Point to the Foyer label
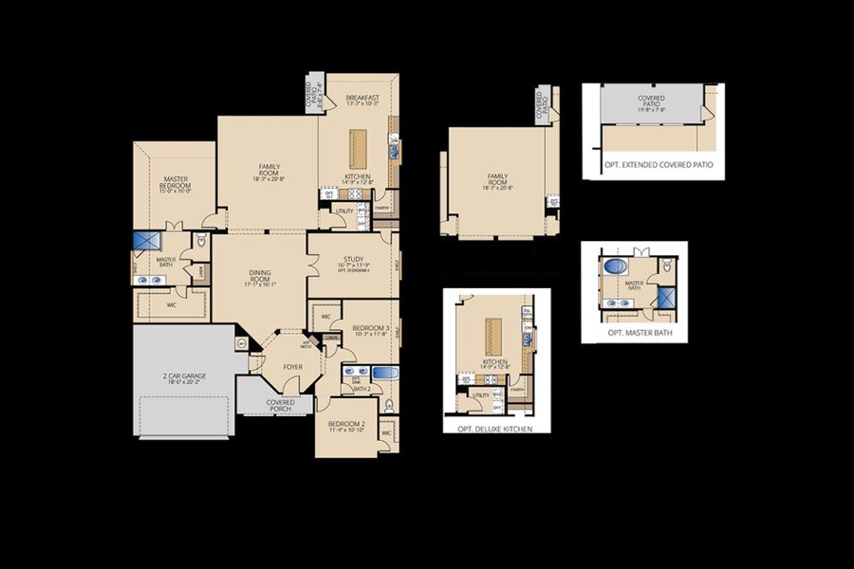(293, 366)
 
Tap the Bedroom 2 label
(344, 427)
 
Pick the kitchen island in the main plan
(359, 147)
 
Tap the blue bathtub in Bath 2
(384, 373)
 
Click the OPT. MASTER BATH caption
(634, 334)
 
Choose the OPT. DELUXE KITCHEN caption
(495, 429)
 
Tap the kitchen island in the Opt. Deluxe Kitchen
(493, 336)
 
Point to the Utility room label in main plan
(343, 211)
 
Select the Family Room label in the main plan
(269, 171)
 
